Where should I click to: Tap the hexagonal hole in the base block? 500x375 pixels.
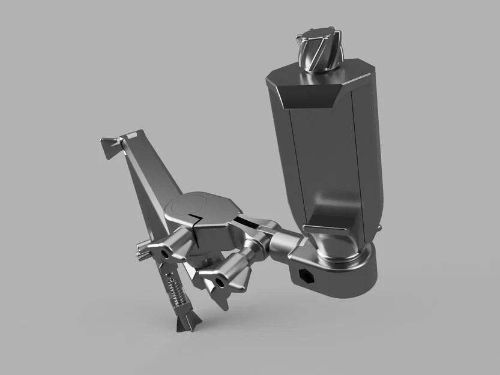(x=305, y=277)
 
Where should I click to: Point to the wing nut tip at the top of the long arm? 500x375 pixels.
(x=109, y=146)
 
